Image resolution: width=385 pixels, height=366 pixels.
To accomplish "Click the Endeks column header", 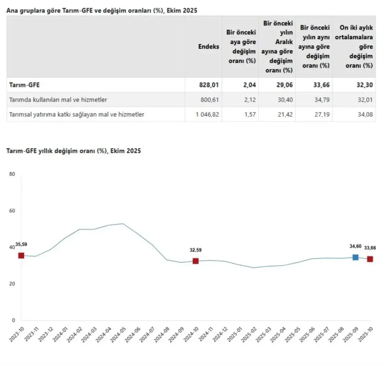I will pos(209,47).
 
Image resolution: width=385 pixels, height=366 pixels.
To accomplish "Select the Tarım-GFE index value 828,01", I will pos(209,85).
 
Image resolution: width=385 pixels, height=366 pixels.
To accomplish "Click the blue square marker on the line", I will pos(355,257).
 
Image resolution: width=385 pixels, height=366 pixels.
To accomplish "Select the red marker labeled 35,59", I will pos(21,256).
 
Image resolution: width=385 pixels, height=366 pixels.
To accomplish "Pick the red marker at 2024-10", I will pos(196,261).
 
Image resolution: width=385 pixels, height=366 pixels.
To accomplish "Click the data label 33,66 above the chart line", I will pos(370,248).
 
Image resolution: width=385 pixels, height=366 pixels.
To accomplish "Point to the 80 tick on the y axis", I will pos(12,174).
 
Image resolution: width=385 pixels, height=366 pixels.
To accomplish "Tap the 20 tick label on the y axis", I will pos(12,284).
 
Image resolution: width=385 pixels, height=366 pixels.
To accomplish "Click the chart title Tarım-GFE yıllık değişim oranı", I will pos(74,151).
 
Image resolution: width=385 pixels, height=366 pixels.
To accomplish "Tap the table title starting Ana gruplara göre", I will pos(102,11).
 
